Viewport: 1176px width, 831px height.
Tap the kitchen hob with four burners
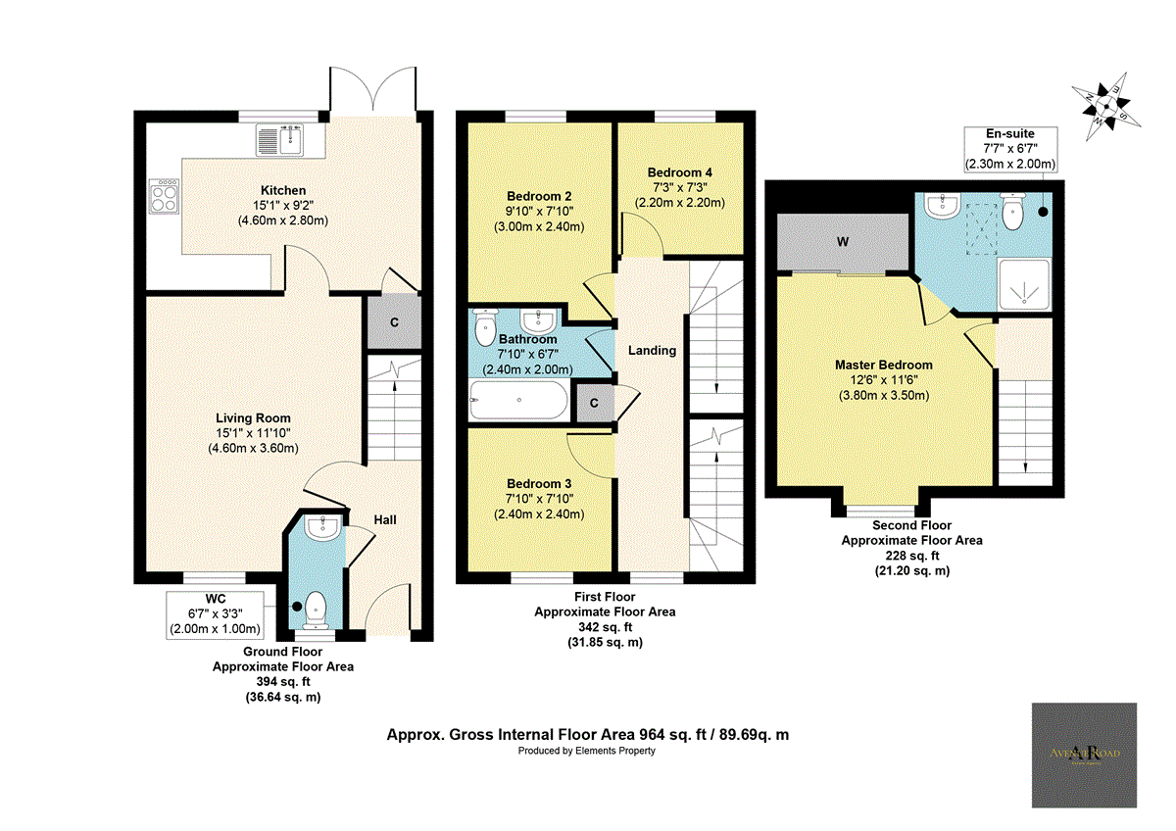[163, 199]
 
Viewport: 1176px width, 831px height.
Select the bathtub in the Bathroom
[518, 400]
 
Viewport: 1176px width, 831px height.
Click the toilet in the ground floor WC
[316, 609]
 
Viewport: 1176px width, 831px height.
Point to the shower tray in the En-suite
[1023, 285]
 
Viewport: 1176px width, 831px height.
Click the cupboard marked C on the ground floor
[393, 321]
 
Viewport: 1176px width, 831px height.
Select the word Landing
[652, 350]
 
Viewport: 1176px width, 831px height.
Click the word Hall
[384, 519]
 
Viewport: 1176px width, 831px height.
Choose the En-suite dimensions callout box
[1009, 149]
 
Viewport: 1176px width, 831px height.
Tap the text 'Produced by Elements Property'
[586, 751]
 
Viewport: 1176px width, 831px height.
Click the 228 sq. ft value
[912, 555]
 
